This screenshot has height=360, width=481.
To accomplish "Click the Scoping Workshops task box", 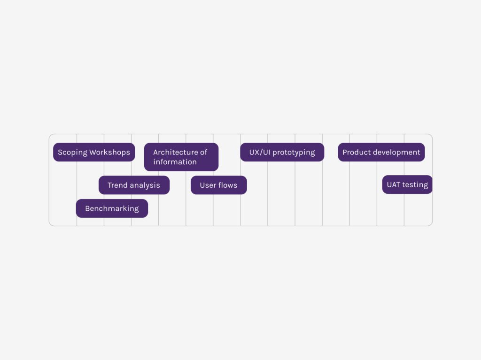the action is point(94,152).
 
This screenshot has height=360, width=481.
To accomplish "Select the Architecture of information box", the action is point(181,157).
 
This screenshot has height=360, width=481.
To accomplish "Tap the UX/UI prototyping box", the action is point(282,152).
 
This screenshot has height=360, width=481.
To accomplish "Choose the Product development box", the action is point(381,152).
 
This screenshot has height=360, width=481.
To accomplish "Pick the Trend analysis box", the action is point(134,185).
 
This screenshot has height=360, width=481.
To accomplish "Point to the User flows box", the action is point(219,185).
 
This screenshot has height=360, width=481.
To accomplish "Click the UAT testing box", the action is point(407,184).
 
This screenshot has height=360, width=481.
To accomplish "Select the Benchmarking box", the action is point(112,208).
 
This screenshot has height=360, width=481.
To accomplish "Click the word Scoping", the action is point(73,153).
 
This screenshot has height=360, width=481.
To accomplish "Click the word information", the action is point(175,162).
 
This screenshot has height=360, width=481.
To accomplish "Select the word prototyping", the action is point(294,153).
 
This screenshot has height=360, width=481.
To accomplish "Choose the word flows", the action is point(228,185).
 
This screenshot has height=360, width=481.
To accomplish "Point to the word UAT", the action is point(394,184).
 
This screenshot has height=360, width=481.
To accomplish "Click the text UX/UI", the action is point(260,152).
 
